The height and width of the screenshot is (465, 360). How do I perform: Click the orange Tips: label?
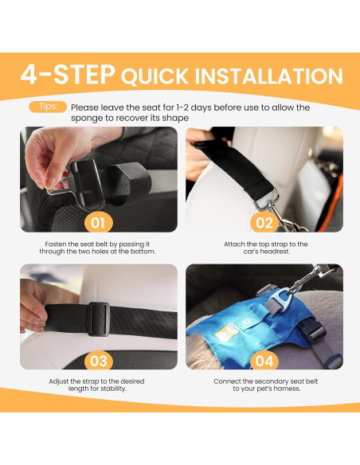[48, 107]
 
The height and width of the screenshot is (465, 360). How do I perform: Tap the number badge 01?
[99, 223]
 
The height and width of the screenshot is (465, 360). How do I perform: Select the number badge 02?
[264, 223]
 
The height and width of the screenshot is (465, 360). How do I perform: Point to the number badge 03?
[99, 361]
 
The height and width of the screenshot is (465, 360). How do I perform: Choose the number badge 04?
[264, 361]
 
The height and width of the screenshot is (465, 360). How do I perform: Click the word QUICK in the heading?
[155, 76]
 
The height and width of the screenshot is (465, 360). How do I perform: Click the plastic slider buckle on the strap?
[99, 318]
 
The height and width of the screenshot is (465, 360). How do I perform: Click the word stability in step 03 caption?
[112, 389]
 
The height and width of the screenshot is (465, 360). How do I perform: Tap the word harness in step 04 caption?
[287, 389]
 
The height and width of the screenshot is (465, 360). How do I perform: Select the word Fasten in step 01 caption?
[55, 244]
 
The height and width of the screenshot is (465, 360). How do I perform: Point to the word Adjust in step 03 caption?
[59, 381]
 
